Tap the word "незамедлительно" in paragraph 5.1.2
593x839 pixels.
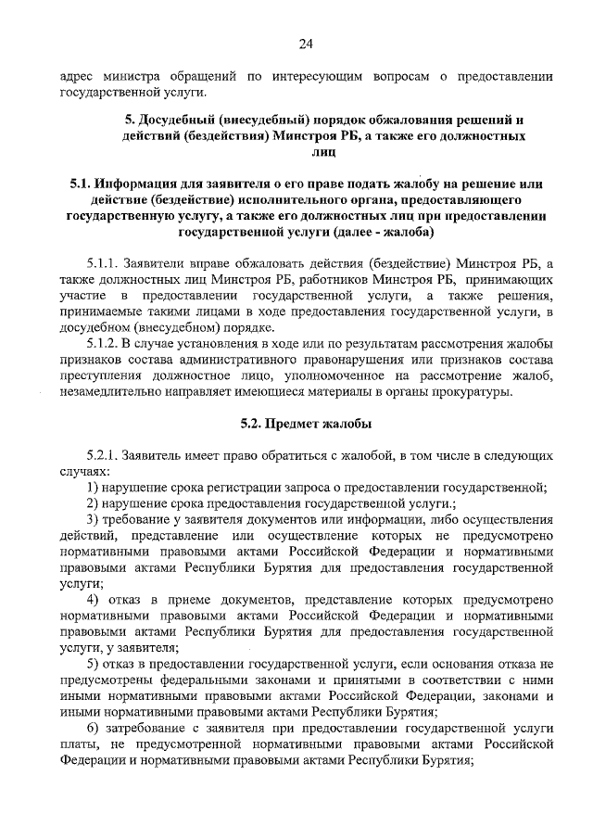tap(114, 392)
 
